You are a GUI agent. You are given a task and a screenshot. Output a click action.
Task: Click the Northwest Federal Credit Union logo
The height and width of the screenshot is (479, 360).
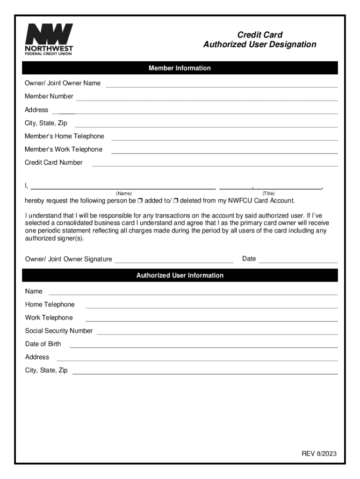pyautogui.click(x=49, y=39)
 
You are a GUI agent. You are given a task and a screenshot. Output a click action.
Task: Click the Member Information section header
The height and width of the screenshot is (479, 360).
pyautogui.click(x=180, y=68)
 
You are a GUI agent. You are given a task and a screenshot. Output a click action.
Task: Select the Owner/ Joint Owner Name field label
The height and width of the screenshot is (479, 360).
pyautogui.click(x=63, y=83)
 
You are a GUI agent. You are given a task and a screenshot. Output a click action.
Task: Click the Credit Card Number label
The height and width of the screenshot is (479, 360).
pyautogui.click(x=54, y=163)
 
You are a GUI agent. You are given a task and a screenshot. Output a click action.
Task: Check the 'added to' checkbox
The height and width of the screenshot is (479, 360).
pyautogui.click(x=140, y=201)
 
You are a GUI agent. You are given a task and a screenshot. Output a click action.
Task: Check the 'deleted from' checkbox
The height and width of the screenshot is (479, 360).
pyautogui.click(x=176, y=201)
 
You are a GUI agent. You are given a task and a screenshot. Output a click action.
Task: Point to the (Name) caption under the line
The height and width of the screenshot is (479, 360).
pyautogui.click(x=124, y=194)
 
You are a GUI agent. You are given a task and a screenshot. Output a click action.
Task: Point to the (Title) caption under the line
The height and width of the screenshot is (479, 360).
pyautogui.click(x=268, y=194)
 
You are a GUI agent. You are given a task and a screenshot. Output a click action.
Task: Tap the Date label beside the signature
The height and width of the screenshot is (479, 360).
pyautogui.click(x=249, y=259)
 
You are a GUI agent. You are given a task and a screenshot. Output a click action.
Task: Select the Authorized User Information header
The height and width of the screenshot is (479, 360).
pyautogui.click(x=180, y=276)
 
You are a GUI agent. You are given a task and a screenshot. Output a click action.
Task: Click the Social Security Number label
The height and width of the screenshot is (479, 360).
pyautogui.click(x=59, y=331)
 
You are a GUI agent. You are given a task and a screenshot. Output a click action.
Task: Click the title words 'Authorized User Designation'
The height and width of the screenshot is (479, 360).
pyautogui.click(x=259, y=45)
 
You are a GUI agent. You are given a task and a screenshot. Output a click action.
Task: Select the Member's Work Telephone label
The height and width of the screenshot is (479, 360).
pyautogui.click(x=64, y=150)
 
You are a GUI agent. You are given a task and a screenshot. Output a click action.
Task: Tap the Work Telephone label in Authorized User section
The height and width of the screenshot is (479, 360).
pyautogui.click(x=49, y=318)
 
